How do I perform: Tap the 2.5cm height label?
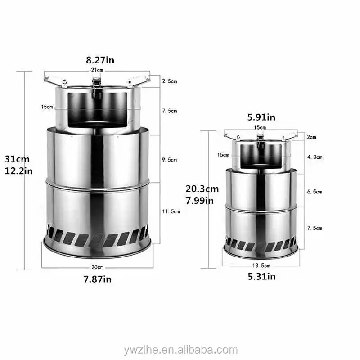click(x=170, y=81)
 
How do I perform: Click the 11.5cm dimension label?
click(x=171, y=211)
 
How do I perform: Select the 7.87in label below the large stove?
click(x=98, y=279)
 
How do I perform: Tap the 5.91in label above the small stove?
click(x=261, y=118)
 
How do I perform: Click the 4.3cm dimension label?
click(x=315, y=157)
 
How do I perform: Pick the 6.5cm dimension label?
click(x=315, y=192)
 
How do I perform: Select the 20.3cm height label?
click(x=202, y=189)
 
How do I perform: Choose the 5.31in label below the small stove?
click(x=261, y=277)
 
